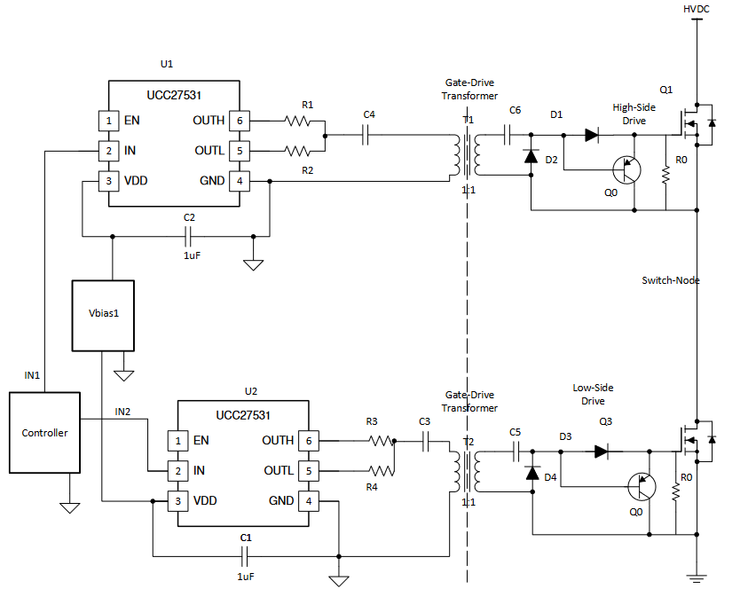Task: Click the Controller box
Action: pos(44,433)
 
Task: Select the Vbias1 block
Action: pos(103,315)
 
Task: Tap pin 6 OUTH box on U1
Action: pos(238,120)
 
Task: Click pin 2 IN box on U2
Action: pos(179,470)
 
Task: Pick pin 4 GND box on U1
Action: pos(238,181)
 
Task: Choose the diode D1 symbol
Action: pos(592,136)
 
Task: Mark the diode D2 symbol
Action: pos(531,156)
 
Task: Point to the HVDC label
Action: pos(697,9)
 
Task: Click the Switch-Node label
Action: pos(671,280)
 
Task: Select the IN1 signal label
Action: pos(32,375)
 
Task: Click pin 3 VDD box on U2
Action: pos(179,501)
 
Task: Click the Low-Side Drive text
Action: pos(593,395)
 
